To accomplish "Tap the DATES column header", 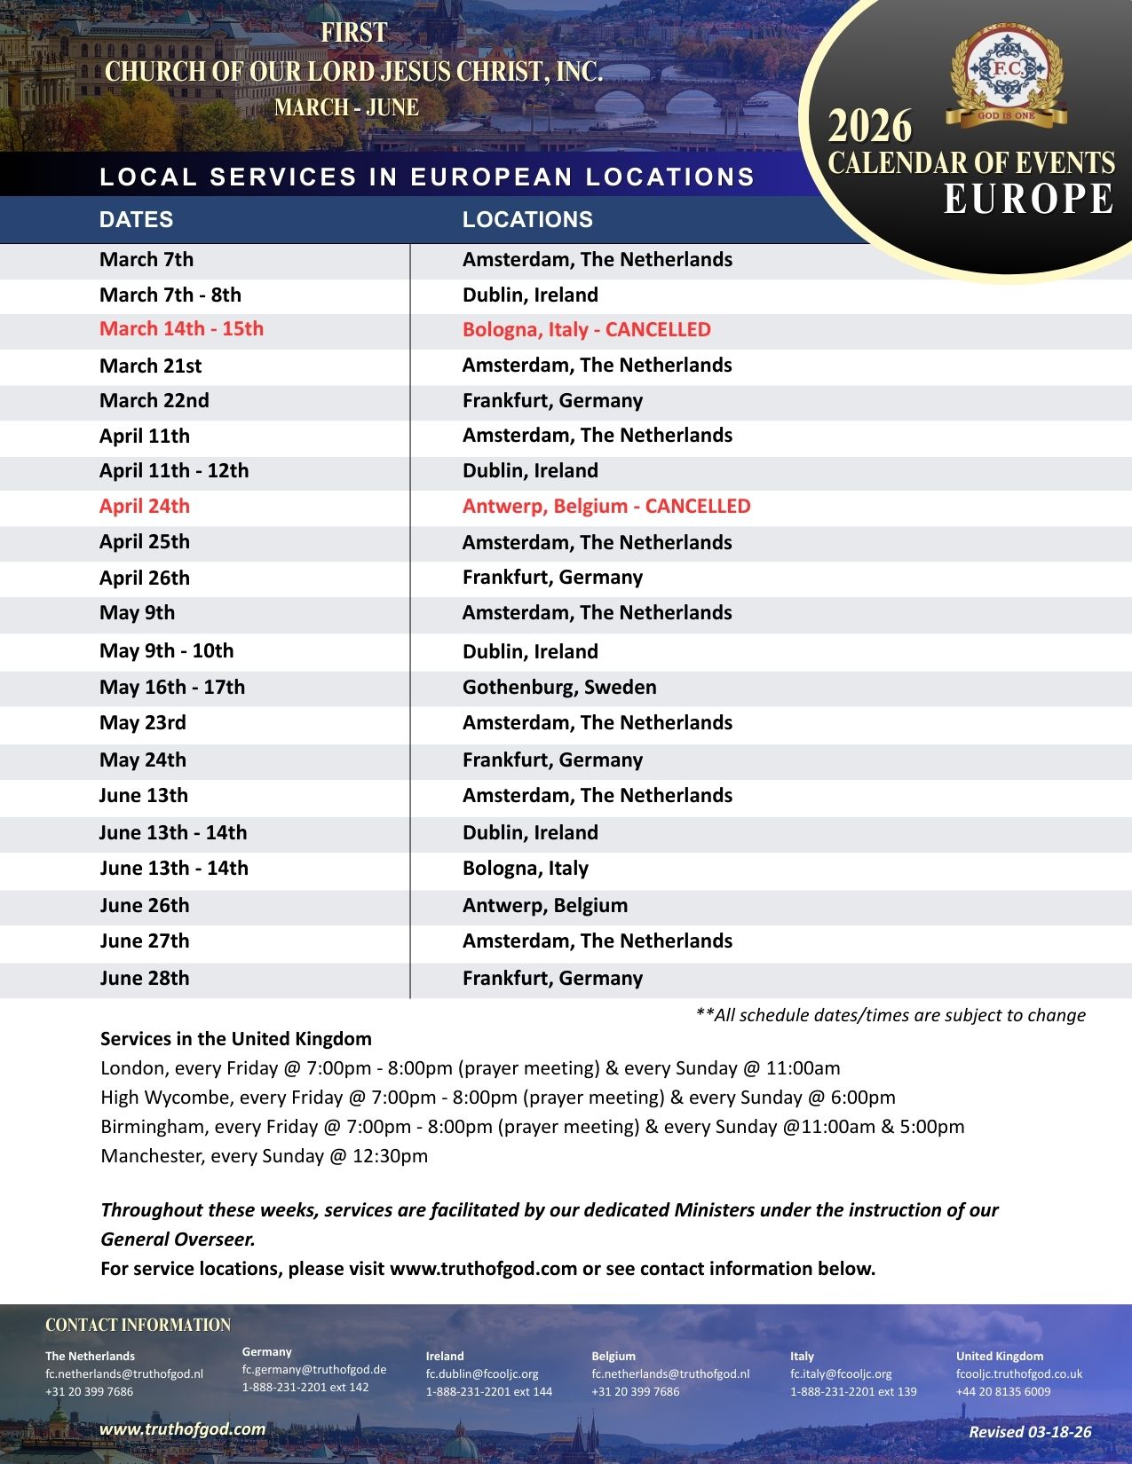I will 136,219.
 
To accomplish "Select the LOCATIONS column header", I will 527,219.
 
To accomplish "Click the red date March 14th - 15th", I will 181,329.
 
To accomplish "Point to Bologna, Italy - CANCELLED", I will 586,330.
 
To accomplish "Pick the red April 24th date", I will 145,507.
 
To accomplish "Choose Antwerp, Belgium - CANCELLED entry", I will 606,507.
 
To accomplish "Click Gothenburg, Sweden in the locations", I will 559,688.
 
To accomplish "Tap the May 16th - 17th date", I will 172,688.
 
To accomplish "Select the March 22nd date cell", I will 154,401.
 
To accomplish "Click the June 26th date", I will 145,906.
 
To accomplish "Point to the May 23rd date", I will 143,723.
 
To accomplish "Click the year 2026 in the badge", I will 870,127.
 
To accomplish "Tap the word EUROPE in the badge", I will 1028,199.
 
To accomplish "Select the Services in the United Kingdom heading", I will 236,1039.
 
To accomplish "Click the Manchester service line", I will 265,1156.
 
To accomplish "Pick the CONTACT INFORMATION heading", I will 138,1325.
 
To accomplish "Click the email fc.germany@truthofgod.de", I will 314,1369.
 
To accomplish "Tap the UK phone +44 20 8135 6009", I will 1003,1391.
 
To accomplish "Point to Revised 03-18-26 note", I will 1030,1431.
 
